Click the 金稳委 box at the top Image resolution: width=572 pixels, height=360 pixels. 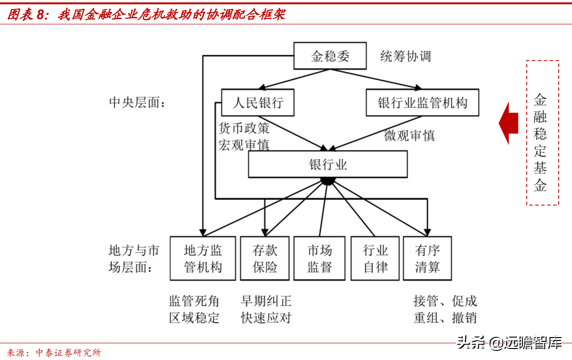coord(329,56)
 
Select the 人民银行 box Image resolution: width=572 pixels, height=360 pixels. coord(257,102)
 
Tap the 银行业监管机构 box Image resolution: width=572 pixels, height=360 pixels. coord(422,102)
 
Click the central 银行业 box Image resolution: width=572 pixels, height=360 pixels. coord(328,164)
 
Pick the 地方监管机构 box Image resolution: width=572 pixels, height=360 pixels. coord(202,258)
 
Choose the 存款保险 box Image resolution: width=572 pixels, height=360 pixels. coord(265,258)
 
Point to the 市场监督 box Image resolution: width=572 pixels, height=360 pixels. coord(319,258)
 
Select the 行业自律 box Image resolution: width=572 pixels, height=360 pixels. coord(375,258)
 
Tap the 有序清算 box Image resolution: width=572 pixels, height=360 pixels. coord(427,258)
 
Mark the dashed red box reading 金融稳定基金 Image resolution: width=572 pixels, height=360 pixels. coord(542,133)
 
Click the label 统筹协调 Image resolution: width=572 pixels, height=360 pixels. coord(405,56)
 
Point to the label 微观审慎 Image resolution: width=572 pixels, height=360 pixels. coord(409,136)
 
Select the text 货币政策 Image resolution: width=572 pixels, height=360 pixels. coord(244,128)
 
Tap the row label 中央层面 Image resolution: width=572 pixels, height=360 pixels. coord(137,102)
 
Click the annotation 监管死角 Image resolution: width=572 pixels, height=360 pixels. coord(194,301)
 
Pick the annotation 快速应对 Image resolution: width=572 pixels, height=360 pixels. coord(266,318)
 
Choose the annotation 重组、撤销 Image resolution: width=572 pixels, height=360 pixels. coord(445,318)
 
